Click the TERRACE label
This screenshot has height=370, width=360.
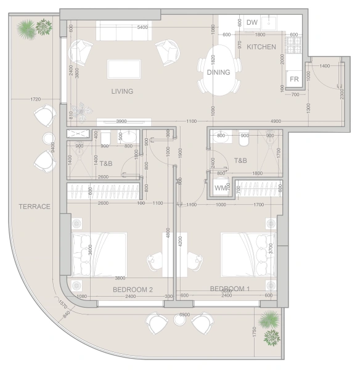(x=34, y=206)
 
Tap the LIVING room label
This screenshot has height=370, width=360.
(x=122, y=91)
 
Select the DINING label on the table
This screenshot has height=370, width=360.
(x=218, y=72)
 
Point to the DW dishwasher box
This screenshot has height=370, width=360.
(x=252, y=23)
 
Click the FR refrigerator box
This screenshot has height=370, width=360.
(x=294, y=80)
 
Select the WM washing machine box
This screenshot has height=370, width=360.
(x=219, y=187)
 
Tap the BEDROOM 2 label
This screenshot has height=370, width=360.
(x=133, y=289)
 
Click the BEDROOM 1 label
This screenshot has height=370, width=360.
(x=229, y=289)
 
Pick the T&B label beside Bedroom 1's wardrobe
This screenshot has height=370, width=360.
(x=240, y=160)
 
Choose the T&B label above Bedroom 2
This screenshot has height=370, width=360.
(x=106, y=163)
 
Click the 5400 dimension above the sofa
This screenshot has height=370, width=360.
(x=142, y=28)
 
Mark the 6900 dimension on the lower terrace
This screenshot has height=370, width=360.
(x=184, y=314)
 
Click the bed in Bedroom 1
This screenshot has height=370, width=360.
(x=247, y=255)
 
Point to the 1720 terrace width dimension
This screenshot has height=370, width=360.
(x=35, y=99)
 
